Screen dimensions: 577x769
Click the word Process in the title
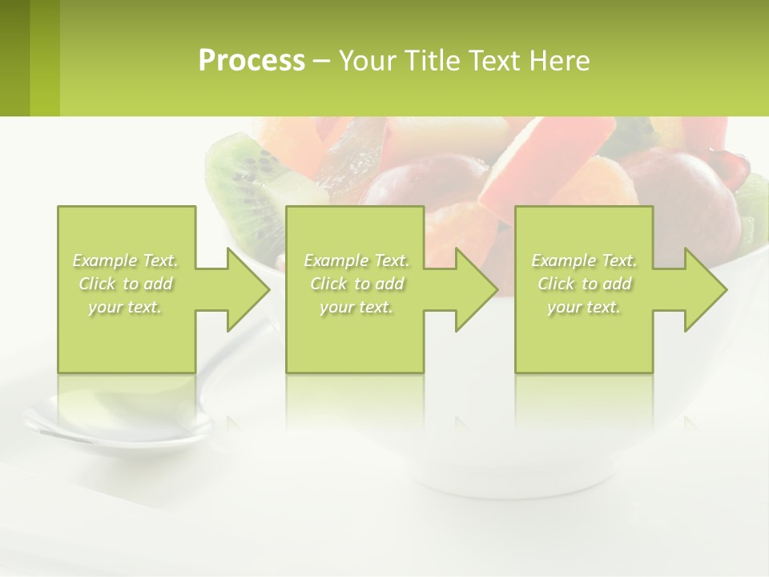click(252, 61)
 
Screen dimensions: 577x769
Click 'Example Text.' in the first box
click(126, 260)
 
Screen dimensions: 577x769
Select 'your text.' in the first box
click(126, 307)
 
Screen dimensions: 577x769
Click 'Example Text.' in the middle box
click(356, 260)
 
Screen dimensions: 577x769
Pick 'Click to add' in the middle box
click(356, 284)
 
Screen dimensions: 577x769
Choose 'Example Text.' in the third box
click(585, 260)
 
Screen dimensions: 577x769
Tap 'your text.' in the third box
click(585, 307)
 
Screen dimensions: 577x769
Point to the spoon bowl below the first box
click(120, 421)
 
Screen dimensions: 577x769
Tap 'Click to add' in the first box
click(126, 284)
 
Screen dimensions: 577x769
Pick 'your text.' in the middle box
click(356, 307)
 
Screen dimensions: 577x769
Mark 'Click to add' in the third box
click(585, 284)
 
